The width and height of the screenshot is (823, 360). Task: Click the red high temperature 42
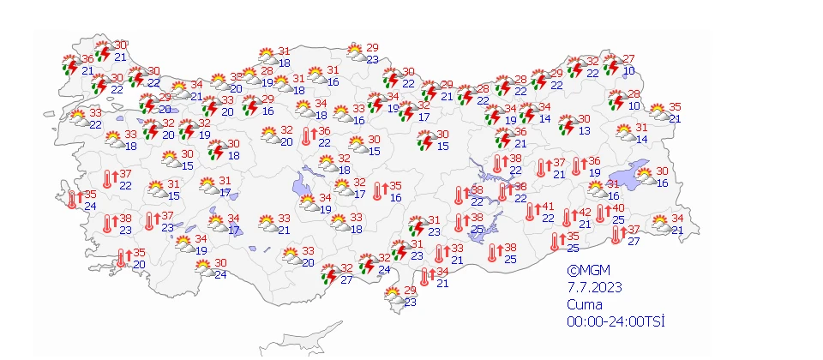[x=584, y=213]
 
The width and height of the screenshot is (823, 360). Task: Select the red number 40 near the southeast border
[x=617, y=208]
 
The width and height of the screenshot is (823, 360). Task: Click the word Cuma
[x=584, y=305]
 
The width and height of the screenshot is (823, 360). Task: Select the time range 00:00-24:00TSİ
[x=616, y=321]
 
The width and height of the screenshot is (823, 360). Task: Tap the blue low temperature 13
[x=584, y=130]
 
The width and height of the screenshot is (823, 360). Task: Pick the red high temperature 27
[x=628, y=58]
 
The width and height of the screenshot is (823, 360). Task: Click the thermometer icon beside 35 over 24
[x=75, y=199]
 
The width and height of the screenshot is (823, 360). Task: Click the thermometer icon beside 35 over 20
[x=123, y=256]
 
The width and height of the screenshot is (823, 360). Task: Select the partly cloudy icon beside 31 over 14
[x=623, y=133]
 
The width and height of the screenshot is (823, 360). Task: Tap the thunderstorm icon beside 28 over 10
[x=617, y=100]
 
